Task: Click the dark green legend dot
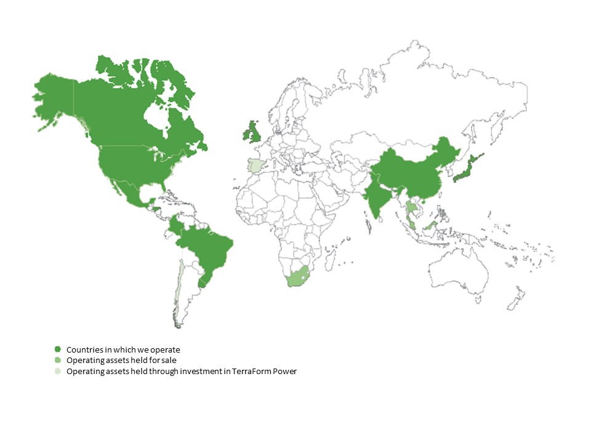tap(57, 349)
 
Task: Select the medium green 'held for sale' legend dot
tap(57, 360)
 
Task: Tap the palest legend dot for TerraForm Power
tap(57, 371)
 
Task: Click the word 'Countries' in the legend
tap(85, 349)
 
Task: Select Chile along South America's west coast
tap(178, 289)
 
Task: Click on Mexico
tap(126, 191)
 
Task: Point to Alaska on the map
tap(55, 98)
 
